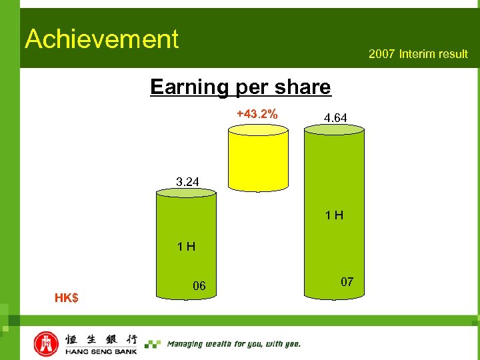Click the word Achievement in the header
(x=102, y=39)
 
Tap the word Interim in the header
(x=417, y=54)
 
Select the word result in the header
(x=453, y=54)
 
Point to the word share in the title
(x=306, y=87)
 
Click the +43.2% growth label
(x=257, y=114)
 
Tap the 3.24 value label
(x=187, y=181)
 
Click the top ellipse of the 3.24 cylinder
(x=186, y=193)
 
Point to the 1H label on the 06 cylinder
(x=186, y=247)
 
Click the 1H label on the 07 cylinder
(x=334, y=215)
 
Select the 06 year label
(x=199, y=286)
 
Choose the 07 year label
(x=347, y=282)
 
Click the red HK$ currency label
(x=66, y=297)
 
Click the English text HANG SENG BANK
(x=101, y=351)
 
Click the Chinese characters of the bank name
(x=101, y=339)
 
